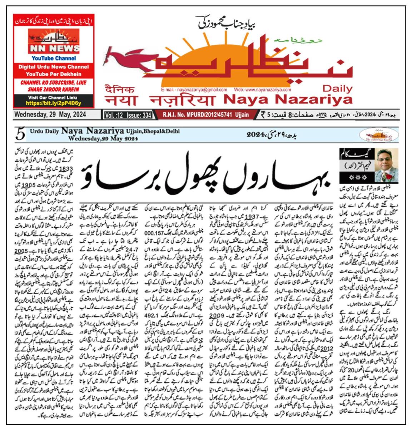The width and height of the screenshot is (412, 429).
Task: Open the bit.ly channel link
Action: coord(54,103)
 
